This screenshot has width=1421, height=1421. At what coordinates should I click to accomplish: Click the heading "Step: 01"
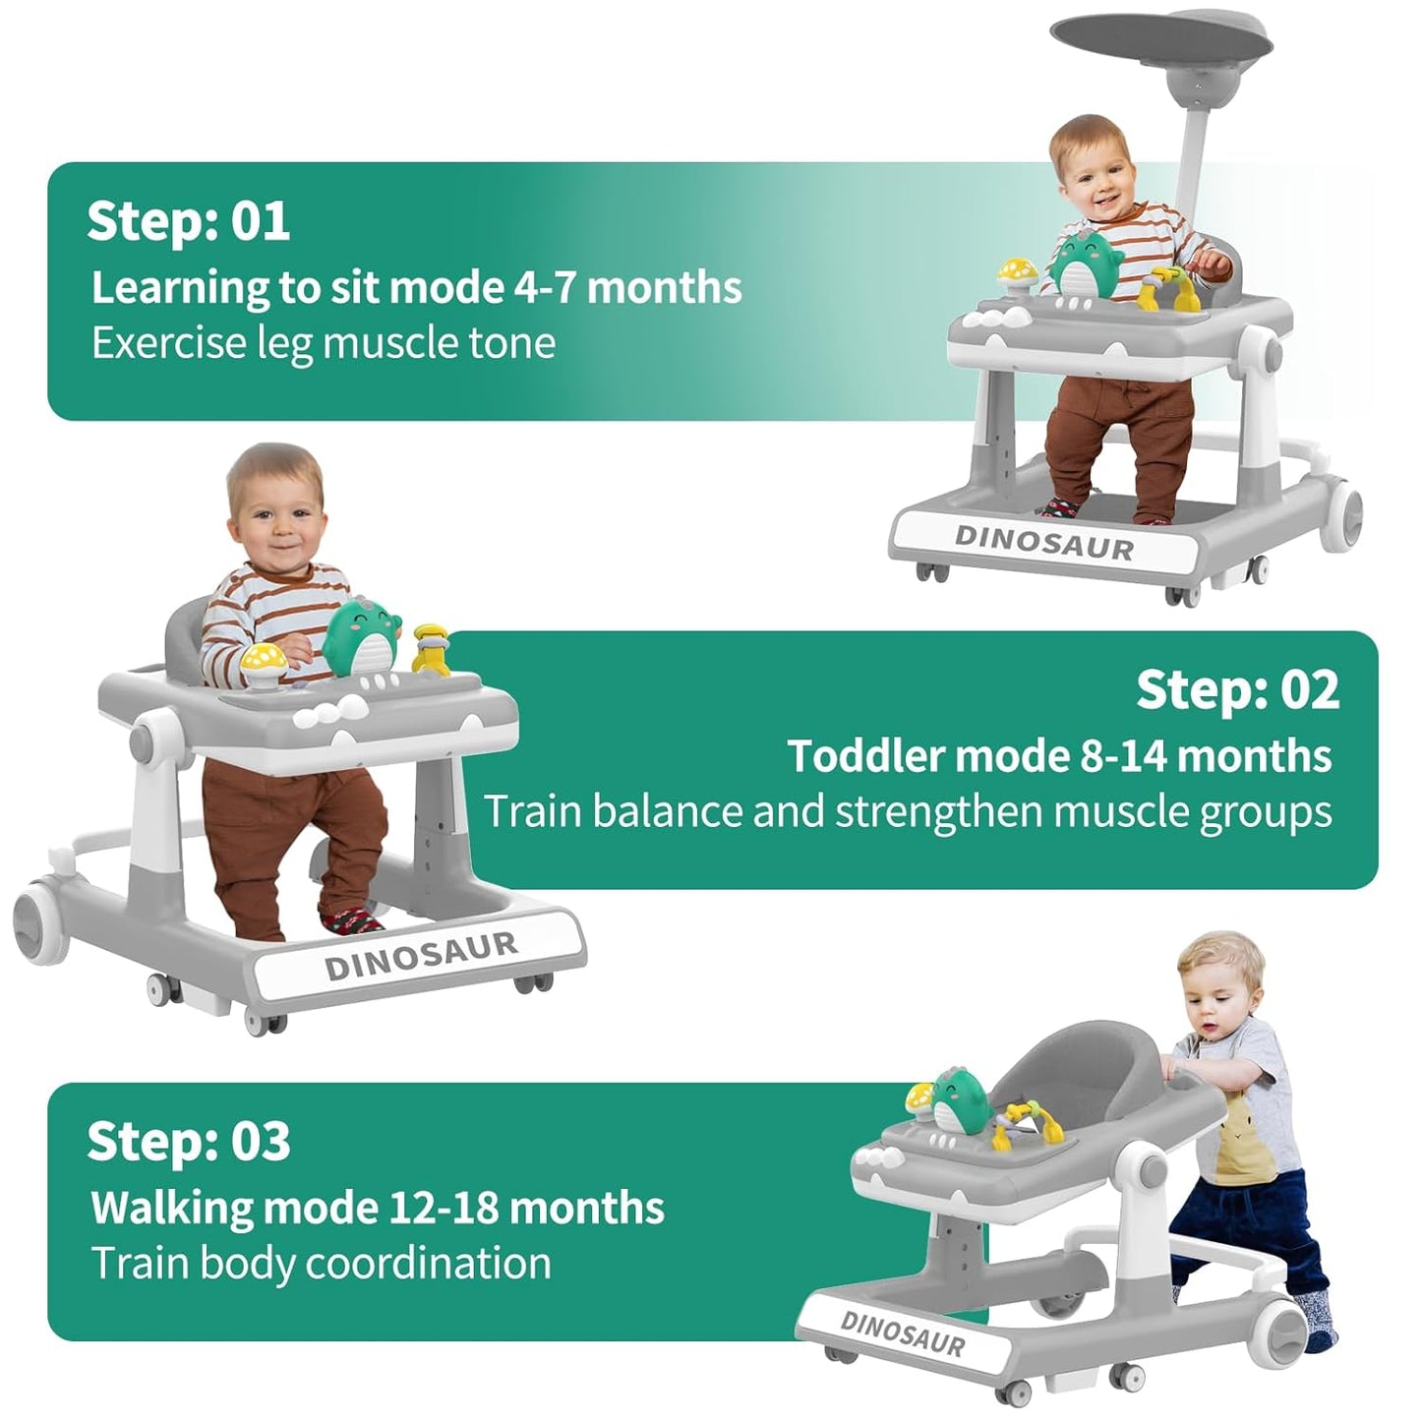click(188, 220)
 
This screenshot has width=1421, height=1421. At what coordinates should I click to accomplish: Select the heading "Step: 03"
click(188, 1141)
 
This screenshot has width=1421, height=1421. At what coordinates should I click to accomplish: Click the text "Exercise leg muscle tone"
click(324, 343)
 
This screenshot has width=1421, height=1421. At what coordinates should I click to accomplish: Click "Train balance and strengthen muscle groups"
click(908, 812)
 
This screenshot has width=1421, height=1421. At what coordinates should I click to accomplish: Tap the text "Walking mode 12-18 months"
click(378, 1208)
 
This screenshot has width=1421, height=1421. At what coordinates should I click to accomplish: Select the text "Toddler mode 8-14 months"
click(1059, 756)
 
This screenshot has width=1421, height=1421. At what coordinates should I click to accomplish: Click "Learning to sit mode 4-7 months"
click(416, 287)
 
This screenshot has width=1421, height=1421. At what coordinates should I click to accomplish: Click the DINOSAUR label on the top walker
click(1043, 543)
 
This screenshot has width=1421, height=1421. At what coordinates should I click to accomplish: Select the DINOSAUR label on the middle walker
click(420, 956)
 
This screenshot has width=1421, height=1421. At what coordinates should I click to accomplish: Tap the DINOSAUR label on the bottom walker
click(902, 1333)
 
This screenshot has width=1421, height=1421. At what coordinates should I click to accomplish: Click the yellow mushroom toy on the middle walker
click(263, 658)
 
